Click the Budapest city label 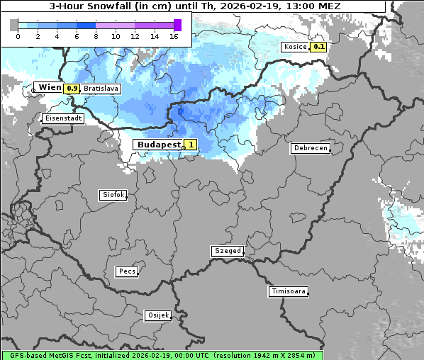(158, 145)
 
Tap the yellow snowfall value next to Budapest (190, 145)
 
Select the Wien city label (50, 88)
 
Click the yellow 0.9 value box (72, 89)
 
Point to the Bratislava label (101, 89)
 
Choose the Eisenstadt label (63, 118)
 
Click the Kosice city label (295, 47)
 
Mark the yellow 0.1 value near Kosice (318, 47)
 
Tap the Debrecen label (310, 149)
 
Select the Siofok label (113, 194)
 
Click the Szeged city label (228, 251)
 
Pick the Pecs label (127, 271)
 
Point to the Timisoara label (289, 291)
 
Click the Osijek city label (158, 315)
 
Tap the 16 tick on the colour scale (174, 36)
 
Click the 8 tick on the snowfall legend (96, 36)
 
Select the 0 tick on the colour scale (17, 36)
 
